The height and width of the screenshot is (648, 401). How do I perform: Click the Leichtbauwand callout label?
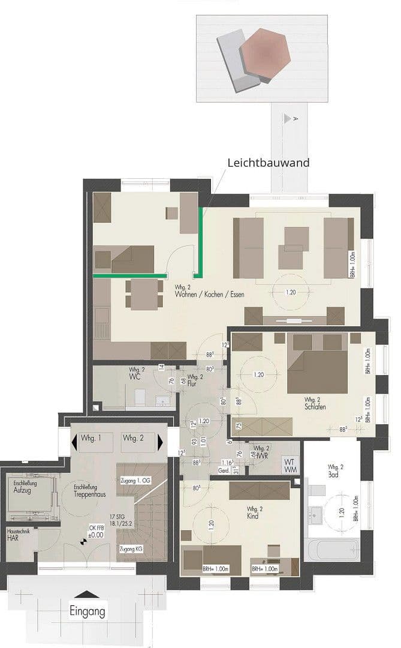click(268, 162)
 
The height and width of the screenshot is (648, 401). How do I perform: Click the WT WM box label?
click(290, 466)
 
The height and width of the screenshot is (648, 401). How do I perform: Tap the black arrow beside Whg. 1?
click(75, 442)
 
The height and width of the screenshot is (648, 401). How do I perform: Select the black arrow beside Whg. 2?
click(160, 442)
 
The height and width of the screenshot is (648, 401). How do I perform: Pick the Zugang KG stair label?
click(130, 550)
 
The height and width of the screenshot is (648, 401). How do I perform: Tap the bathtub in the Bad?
click(331, 548)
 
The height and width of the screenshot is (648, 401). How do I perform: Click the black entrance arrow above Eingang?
click(89, 594)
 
